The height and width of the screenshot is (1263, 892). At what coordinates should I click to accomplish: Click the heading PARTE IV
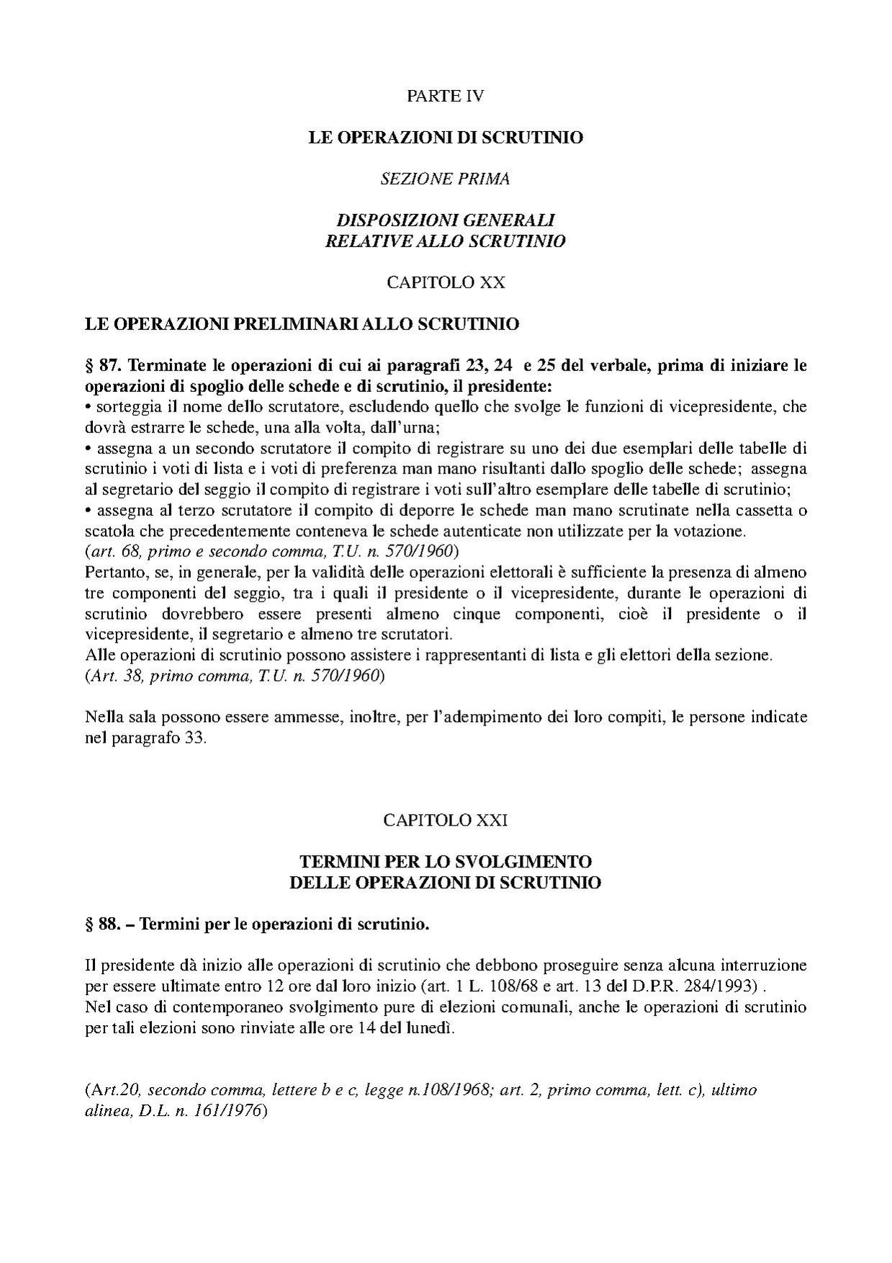[445, 96]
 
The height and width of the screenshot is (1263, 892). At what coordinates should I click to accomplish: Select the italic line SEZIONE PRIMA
[445, 179]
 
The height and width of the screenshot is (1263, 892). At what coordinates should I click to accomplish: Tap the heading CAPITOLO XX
[446, 282]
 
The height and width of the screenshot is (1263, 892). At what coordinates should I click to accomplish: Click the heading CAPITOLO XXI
[446, 820]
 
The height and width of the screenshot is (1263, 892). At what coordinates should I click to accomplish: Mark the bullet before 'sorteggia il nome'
[88, 407]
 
